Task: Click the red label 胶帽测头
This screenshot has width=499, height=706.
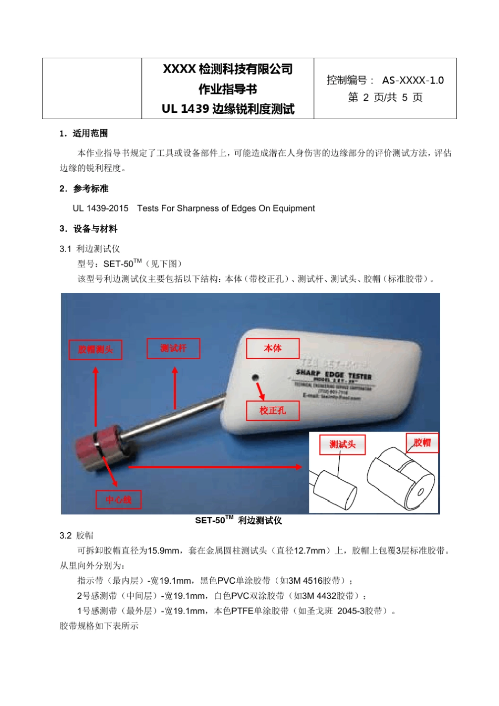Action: (x=95, y=350)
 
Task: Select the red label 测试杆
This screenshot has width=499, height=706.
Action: (x=173, y=349)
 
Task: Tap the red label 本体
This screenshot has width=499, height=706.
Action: (x=273, y=349)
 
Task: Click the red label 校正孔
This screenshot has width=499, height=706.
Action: (x=273, y=410)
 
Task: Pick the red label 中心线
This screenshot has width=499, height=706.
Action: (x=118, y=500)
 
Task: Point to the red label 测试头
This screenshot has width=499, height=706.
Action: (x=342, y=445)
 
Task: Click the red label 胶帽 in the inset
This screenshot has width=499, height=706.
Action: (x=422, y=442)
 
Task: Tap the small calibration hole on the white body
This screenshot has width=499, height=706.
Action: (x=255, y=377)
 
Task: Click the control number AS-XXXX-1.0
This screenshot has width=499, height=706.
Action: (x=413, y=80)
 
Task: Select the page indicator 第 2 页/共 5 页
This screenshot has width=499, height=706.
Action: (x=385, y=98)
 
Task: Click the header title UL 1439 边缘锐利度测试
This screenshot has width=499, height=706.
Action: (x=228, y=109)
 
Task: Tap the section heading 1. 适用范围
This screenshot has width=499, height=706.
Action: (x=84, y=133)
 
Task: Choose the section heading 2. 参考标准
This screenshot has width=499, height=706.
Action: (x=84, y=188)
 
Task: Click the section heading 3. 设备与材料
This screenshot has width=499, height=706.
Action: (x=88, y=229)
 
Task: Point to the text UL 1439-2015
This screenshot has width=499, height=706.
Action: (x=100, y=208)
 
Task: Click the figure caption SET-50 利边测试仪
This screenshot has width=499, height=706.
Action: (x=238, y=520)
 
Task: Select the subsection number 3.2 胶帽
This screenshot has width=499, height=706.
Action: (x=77, y=535)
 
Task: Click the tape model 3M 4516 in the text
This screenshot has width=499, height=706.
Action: (x=305, y=581)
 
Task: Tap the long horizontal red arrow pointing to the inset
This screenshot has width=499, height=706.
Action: (x=215, y=467)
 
